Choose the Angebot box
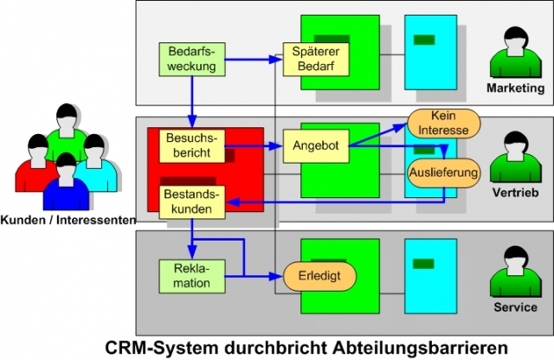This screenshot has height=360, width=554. coord(315,146)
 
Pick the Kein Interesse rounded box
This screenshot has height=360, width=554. coord(443,122)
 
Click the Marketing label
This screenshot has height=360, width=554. coord(515,88)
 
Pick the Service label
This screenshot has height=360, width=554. coord(515,307)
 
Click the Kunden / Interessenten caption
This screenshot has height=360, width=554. coord(68,221)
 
